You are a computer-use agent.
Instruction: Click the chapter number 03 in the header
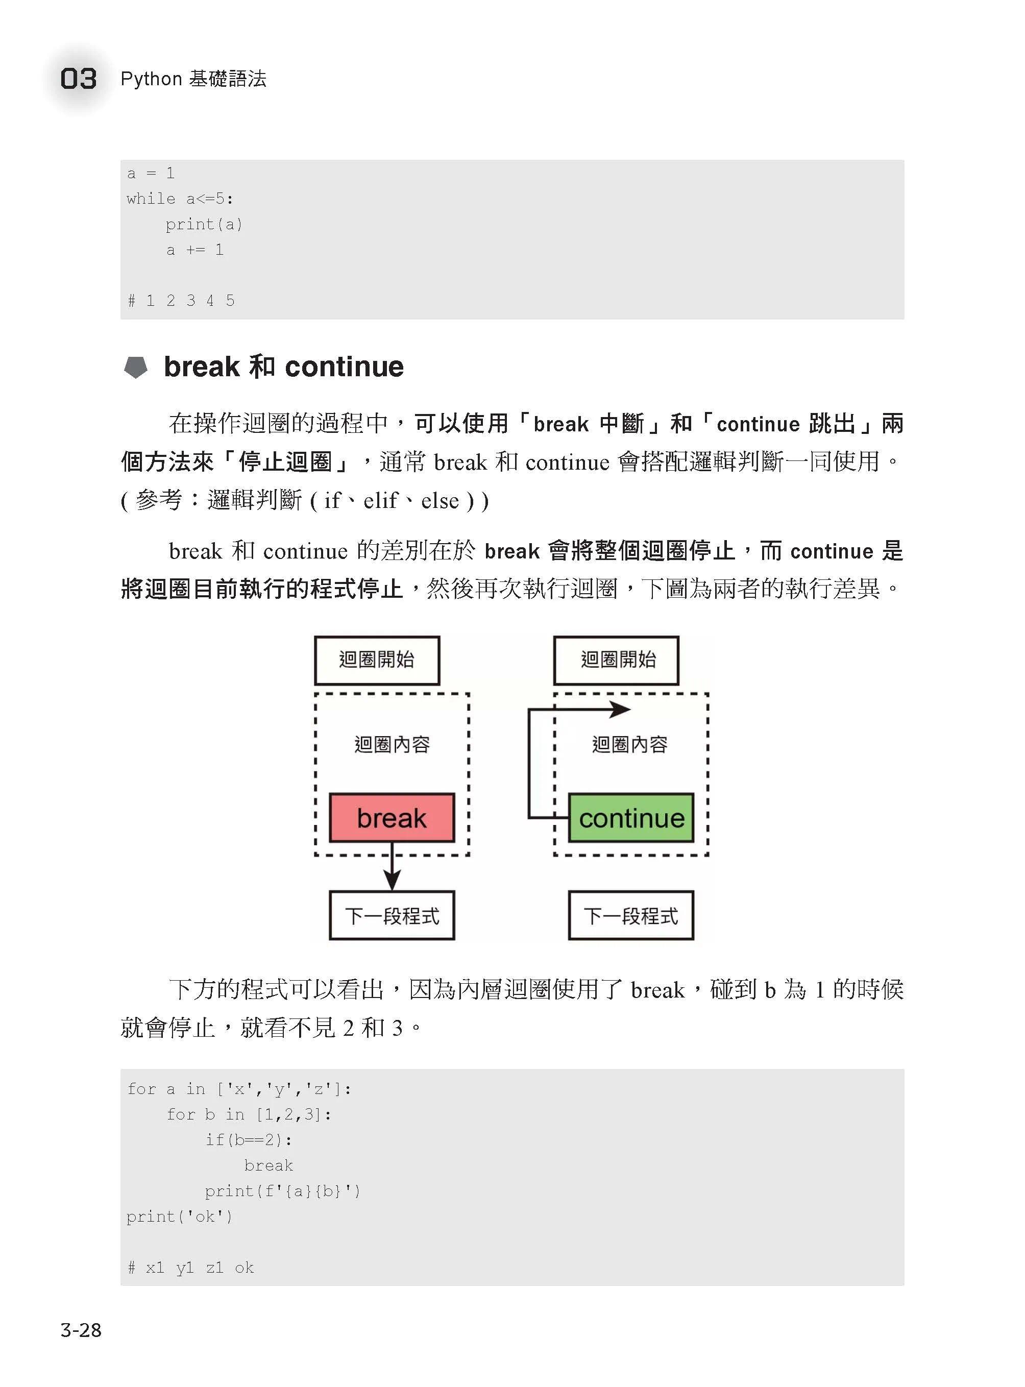click(78, 79)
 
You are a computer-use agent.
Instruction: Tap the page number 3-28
click(81, 1329)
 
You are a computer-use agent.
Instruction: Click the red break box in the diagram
click(392, 817)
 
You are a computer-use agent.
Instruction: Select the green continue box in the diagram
click(631, 817)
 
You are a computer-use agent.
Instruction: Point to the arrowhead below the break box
click(392, 880)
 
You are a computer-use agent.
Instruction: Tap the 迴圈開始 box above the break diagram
click(377, 660)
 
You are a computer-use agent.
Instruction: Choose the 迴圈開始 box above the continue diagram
click(616, 660)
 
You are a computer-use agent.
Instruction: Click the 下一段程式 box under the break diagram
click(392, 915)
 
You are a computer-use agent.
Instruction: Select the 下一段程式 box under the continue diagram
click(631, 915)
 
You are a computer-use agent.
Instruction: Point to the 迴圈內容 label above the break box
click(392, 744)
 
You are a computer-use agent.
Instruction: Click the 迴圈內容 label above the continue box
click(630, 744)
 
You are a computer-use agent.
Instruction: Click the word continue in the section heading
click(345, 367)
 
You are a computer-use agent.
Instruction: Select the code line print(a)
click(204, 224)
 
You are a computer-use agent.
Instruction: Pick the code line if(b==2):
click(248, 1139)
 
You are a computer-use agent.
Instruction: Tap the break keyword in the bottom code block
click(268, 1165)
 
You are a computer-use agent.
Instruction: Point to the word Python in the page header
click(152, 79)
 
